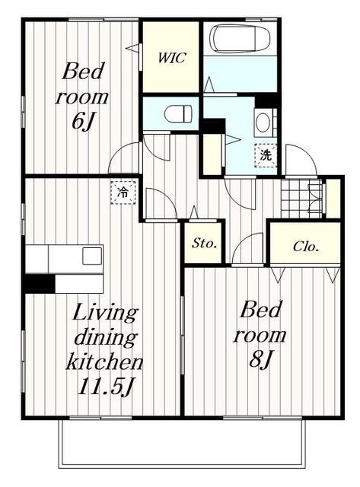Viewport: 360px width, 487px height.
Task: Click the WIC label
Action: click(x=172, y=58)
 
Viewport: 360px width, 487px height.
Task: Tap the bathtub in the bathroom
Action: click(x=240, y=38)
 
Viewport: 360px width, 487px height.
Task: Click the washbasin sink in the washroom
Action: click(x=263, y=123)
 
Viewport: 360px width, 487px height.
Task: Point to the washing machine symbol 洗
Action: click(x=266, y=155)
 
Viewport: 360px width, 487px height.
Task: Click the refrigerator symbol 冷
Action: click(x=123, y=193)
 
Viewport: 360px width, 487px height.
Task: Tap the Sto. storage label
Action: click(x=204, y=243)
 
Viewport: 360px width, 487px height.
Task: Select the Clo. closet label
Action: click(x=306, y=247)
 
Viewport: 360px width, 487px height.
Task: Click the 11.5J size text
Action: click(x=105, y=387)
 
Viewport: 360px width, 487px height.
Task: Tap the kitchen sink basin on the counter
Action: click(x=92, y=256)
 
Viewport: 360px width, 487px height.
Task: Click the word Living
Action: click(x=104, y=312)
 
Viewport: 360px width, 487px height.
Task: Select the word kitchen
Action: click(x=104, y=361)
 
